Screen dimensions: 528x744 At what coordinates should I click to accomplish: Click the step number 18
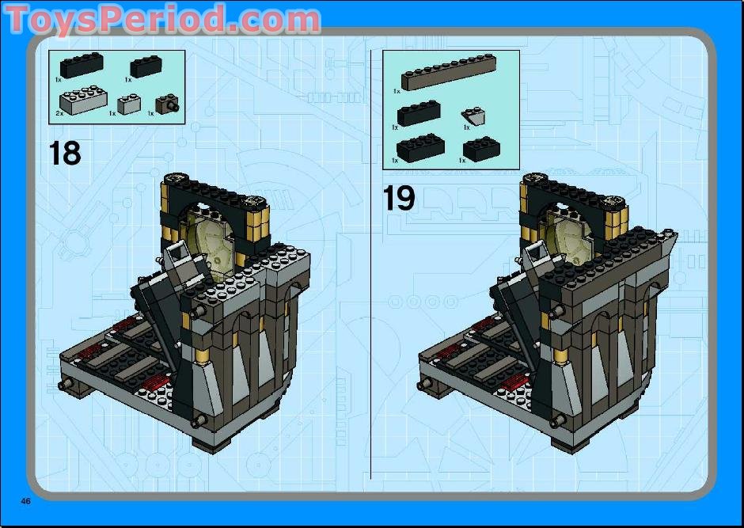[x=65, y=152]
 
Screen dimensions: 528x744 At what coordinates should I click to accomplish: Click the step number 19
[x=399, y=197]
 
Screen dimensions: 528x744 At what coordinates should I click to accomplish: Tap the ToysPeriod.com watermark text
[x=162, y=19]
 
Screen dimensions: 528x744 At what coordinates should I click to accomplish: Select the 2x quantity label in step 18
[x=59, y=114]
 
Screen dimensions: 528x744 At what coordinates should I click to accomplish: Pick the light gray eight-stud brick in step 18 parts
[x=83, y=98]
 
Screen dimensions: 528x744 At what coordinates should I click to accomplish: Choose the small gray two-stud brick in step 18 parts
[x=129, y=102]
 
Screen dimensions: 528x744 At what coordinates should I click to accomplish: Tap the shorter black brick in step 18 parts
[x=146, y=66]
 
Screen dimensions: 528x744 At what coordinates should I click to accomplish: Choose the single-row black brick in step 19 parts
[x=418, y=114]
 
